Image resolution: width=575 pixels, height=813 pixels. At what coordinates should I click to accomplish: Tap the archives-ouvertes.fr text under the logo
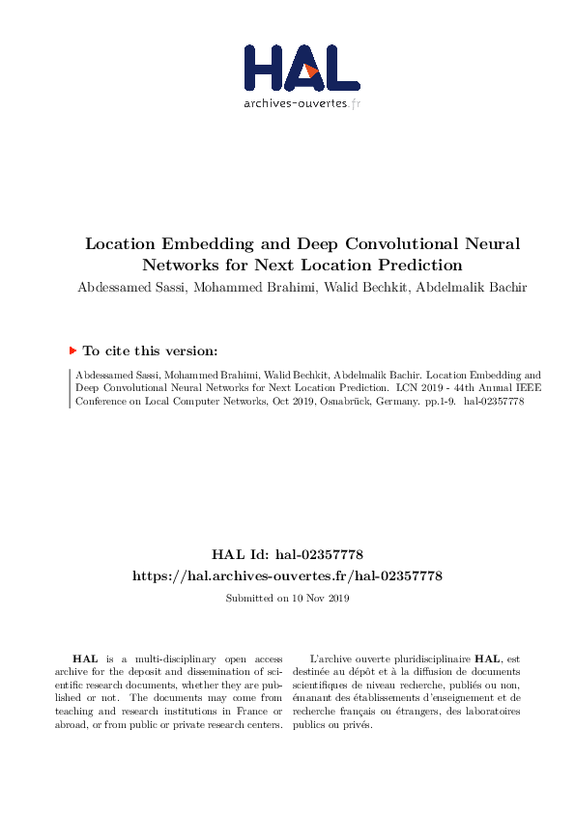(x=302, y=103)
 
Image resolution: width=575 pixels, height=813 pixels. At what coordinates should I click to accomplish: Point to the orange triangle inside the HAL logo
(x=310, y=70)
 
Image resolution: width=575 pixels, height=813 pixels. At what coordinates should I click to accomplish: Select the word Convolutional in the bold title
(x=417, y=244)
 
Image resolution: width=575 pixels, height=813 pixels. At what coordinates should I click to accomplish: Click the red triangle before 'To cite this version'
(x=72, y=351)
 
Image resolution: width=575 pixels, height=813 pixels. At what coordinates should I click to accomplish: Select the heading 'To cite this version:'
(x=150, y=351)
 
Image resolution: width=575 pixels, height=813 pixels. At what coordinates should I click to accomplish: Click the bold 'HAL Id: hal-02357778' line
(x=287, y=554)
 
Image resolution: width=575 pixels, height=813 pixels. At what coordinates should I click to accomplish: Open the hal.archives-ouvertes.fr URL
(x=287, y=575)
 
